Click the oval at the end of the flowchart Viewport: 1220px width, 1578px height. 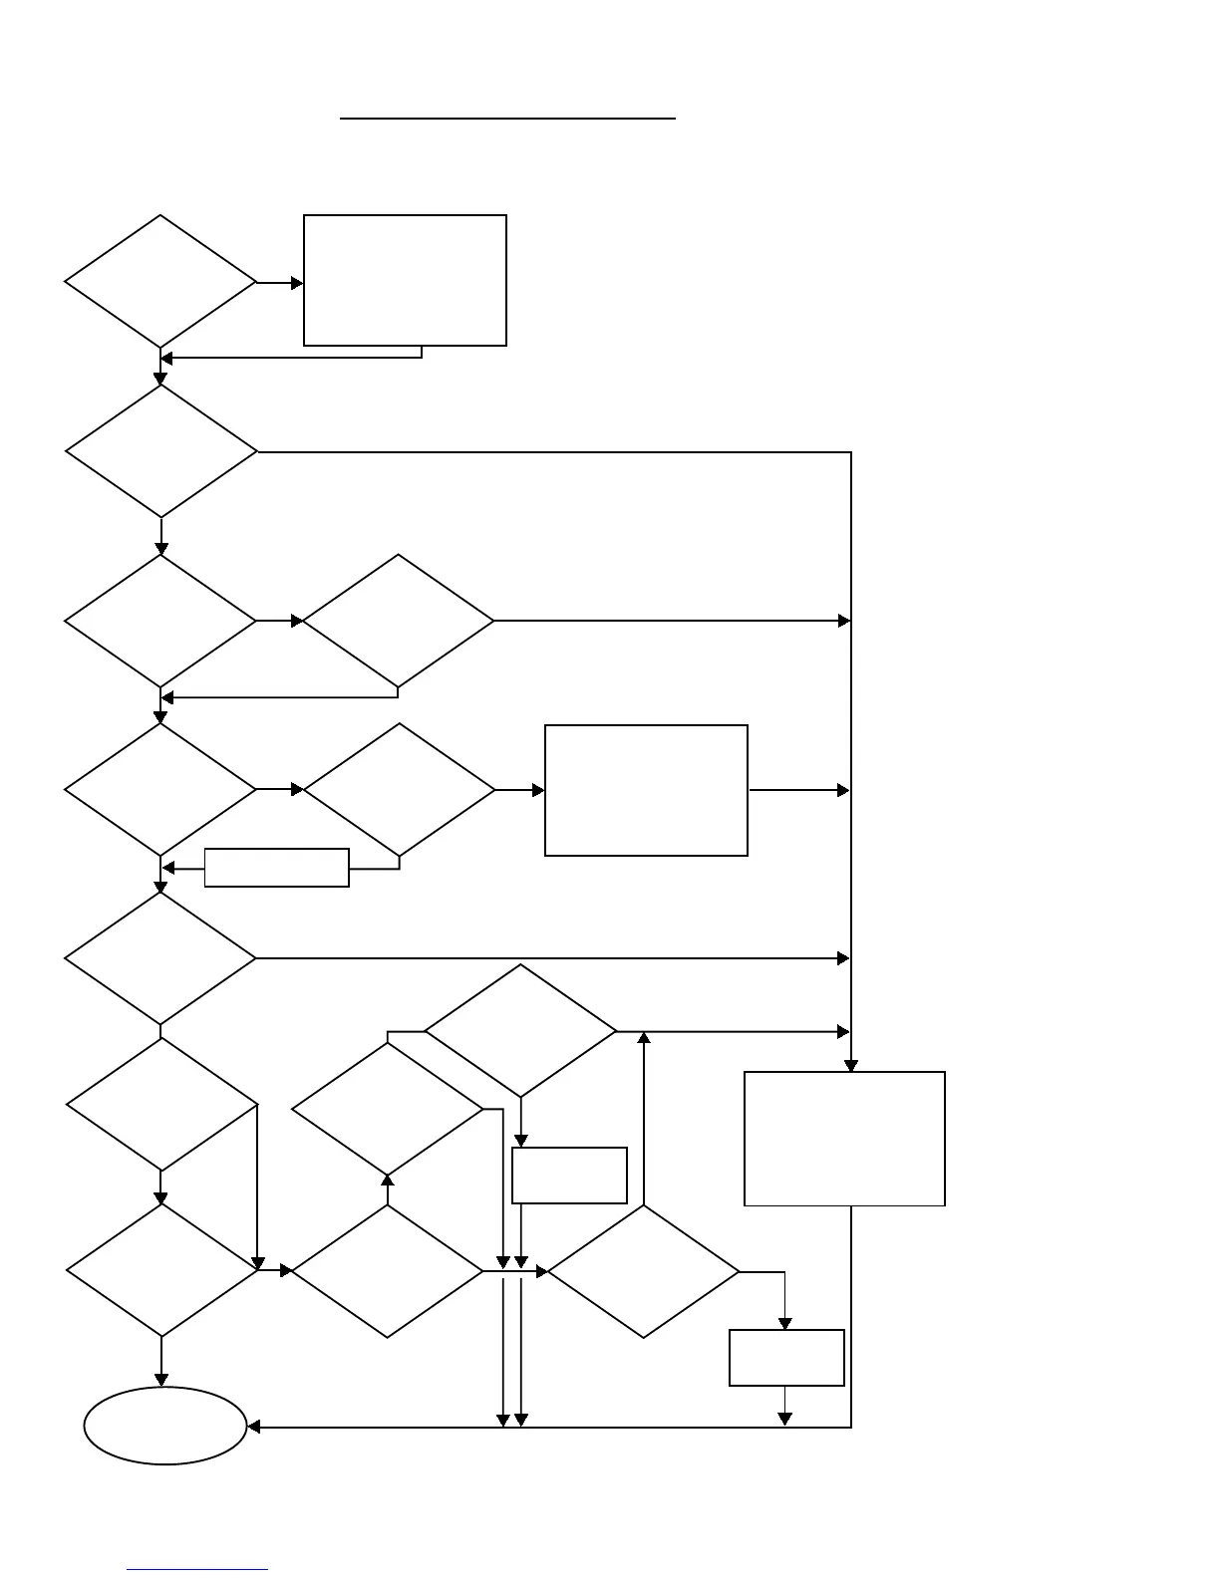coord(165,1426)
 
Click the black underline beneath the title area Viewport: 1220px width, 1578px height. coord(507,119)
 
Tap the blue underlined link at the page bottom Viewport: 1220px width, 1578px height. coord(197,1570)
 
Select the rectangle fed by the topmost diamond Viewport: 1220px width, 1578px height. coord(405,280)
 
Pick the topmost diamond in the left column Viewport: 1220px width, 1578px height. coord(160,282)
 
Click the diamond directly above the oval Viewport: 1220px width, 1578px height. coord(161,1270)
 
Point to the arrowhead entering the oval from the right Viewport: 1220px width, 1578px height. coord(254,1428)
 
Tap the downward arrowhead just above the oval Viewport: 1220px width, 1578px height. coord(161,1380)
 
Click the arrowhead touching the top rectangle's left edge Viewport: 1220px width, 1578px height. coord(297,283)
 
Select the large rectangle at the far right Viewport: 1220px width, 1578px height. coord(844,1139)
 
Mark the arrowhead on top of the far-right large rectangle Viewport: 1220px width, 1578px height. coord(851,1066)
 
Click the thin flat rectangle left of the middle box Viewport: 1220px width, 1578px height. coord(276,868)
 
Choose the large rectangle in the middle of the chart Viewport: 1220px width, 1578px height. coord(646,790)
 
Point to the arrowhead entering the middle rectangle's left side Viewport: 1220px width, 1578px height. coord(538,790)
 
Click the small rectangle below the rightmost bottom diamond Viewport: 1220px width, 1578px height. coord(786,1357)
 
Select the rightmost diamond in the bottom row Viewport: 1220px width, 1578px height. coord(644,1271)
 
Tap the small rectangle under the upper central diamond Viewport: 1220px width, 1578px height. coord(569,1176)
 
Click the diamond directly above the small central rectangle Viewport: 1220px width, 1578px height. coord(520,1031)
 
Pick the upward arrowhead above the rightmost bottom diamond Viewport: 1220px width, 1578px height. coord(644,1038)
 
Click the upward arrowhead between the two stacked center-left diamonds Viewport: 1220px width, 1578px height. coord(388,1181)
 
